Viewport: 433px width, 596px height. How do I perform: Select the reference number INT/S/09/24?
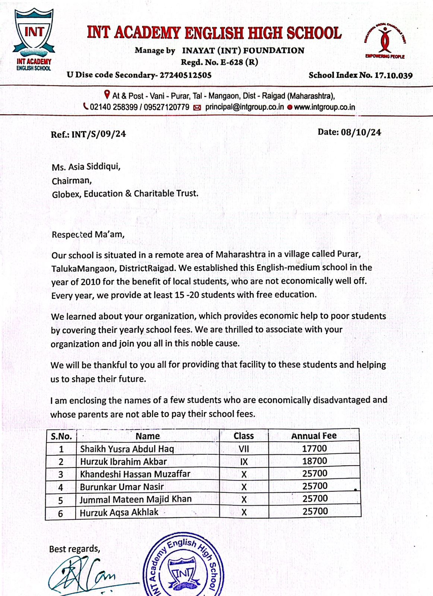[98, 134]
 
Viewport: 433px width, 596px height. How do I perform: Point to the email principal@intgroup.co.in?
[244, 107]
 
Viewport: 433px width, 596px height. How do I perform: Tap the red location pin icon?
[107, 95]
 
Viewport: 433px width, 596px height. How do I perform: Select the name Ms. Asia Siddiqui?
[86, 167]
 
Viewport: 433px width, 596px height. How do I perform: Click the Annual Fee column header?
[314, 436]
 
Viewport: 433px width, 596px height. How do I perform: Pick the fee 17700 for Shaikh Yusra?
[315, 448]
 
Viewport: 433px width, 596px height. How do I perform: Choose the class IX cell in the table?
[244, 462]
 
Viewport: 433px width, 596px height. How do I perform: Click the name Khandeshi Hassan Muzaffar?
[135, 474]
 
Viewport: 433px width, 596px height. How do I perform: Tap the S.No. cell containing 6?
[61, 514]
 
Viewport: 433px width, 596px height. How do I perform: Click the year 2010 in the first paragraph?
[91, 282]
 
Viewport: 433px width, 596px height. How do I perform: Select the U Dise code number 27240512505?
[186, 75]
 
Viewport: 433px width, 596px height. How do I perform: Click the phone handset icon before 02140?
[86, 107]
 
